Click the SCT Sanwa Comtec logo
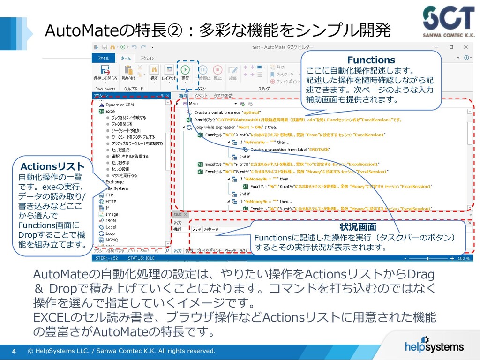point(448,21)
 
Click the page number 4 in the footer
point(14,351)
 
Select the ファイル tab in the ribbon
point(103,58)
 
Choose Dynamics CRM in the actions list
point(119,105)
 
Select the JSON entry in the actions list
point(111,220)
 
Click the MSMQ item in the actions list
point(112,240)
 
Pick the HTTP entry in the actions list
point(111,201)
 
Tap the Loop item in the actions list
point(110,233)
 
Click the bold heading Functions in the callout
point(371,60)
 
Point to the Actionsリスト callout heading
point(52,166)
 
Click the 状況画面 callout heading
point(358,228)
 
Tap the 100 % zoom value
point(463,258)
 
